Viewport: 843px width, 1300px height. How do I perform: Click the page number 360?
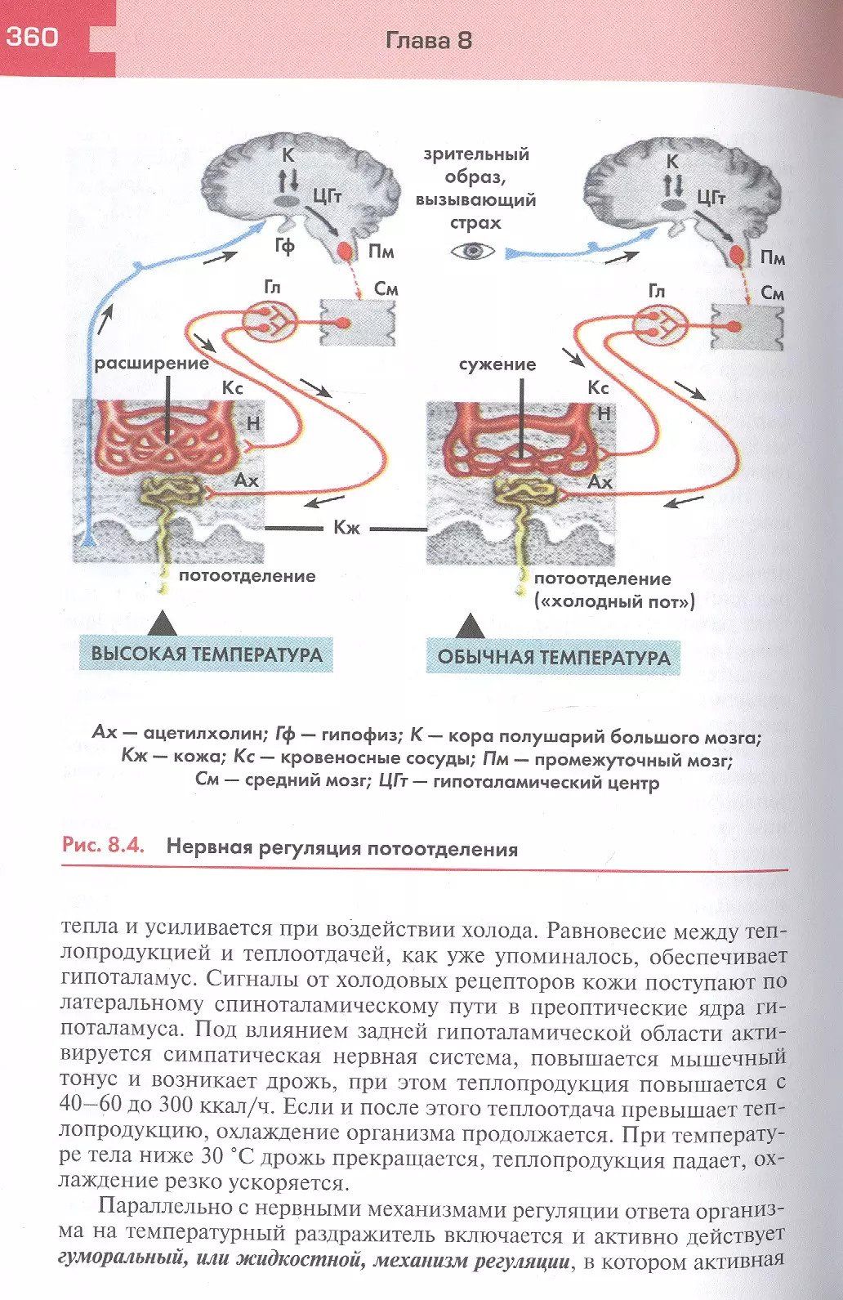33,37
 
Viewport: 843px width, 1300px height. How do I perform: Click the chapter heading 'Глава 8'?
428,40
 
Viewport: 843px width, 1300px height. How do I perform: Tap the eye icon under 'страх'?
474,250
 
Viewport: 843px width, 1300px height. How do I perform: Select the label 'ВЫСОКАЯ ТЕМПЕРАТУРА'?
206,654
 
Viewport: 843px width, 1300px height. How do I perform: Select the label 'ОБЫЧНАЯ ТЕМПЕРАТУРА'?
553,657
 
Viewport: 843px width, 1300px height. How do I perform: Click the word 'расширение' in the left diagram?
152,363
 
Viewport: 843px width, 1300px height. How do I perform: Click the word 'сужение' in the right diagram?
497,364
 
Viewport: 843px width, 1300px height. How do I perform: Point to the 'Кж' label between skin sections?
346,528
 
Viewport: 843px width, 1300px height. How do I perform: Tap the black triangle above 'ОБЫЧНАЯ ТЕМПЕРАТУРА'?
469,628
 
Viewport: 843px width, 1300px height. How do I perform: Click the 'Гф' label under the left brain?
284,244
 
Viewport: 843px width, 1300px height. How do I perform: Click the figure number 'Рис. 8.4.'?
103,845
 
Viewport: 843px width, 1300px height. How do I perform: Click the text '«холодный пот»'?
614,602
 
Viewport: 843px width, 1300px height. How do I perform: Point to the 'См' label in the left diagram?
386,288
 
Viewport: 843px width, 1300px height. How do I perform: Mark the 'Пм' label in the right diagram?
772,258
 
